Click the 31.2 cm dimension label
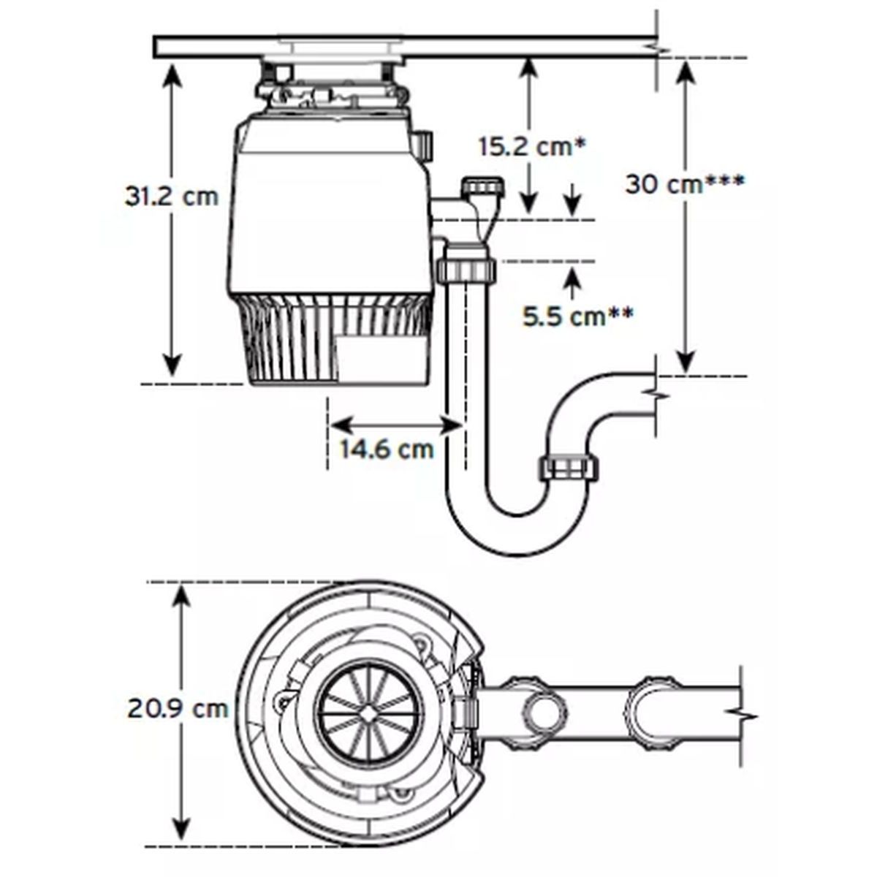[172, 196]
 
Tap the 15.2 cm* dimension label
[532, 146]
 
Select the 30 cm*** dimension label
[685, 183]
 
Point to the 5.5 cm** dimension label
[577, 316]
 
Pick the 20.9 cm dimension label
[178, 707]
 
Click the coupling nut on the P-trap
[569, 468]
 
